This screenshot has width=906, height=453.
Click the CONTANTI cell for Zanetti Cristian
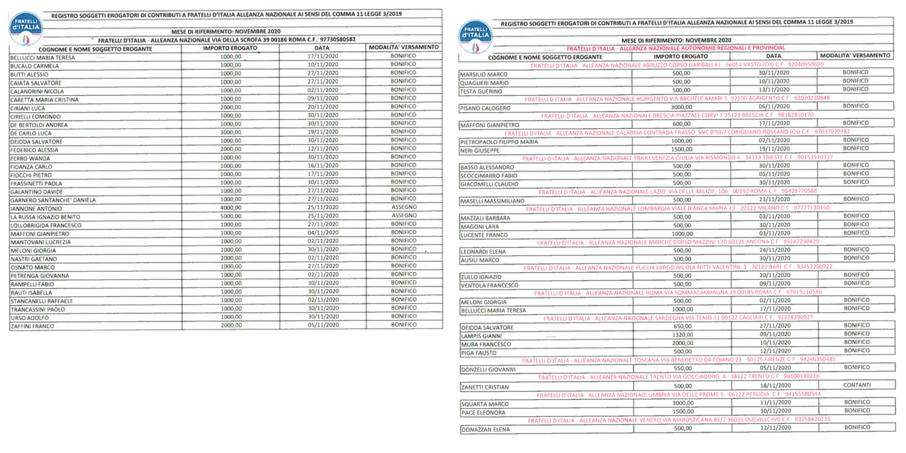point(856,385)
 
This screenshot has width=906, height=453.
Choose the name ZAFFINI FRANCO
point(32,325)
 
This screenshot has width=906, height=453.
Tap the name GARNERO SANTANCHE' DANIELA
point(52,201)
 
